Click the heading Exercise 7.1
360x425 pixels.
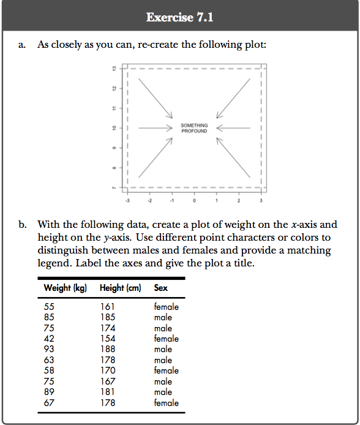[180, 17]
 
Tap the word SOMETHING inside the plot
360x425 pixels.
[194, 126]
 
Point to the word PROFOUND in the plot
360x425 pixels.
[194, 131]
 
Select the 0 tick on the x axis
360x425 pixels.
[194, 200]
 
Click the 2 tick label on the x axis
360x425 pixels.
[239, 200]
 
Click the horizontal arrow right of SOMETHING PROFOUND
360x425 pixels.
[233, 128]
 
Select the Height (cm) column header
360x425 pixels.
[120, 288]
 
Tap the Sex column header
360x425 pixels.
[161, 288]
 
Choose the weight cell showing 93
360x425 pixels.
[50, 350]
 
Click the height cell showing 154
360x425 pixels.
[107, 339]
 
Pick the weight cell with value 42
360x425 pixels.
[50, 339]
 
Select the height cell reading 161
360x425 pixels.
[107, 307]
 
